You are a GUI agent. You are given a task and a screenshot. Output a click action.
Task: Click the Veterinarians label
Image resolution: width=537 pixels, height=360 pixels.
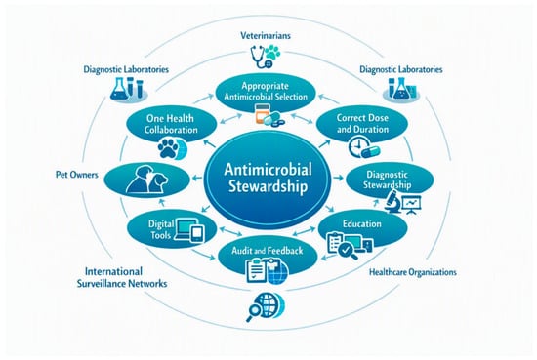click(266, 35)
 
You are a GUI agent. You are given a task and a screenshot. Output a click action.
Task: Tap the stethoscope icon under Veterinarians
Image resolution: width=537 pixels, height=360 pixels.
click(260, 58)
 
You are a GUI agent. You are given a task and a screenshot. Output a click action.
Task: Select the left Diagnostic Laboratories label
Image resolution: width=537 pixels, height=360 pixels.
click(126, 69)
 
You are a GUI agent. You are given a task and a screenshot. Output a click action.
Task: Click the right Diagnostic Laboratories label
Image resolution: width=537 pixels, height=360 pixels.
click(400, 69)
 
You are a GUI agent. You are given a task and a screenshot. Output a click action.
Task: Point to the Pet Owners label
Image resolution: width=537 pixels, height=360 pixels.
click(77, 175)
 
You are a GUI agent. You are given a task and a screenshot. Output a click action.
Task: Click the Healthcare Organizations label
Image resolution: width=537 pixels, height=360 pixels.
click(413, 272)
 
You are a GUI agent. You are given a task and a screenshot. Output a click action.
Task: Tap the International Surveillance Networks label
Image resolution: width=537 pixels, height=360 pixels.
click(122, 277)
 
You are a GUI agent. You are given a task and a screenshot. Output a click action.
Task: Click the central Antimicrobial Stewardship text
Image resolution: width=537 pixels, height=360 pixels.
click(268, 179)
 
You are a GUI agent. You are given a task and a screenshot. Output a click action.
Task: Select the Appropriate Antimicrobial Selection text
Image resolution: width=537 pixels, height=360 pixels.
click(266, 91)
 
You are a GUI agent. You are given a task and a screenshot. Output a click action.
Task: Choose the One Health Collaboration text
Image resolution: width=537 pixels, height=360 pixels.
click(171, 124)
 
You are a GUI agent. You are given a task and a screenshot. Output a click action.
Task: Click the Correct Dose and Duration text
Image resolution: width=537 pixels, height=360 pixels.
click(362, 123)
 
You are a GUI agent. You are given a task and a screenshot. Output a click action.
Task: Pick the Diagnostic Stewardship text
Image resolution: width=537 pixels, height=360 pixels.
click(387, 180)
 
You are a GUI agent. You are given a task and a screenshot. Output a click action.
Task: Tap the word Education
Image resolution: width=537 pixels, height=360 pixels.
click(362, 223)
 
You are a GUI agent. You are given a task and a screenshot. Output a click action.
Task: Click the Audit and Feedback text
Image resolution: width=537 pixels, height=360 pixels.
click(268, 251)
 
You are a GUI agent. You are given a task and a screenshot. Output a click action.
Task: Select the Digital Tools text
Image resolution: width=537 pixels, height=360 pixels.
click(161, 229)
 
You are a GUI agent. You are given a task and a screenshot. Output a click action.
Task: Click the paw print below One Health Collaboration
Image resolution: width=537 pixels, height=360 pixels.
click(168, 148)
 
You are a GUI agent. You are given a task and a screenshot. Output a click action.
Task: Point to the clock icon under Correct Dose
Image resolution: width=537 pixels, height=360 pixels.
click(357, 146)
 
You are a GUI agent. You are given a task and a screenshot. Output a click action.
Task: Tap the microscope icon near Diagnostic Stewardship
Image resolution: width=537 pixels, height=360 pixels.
click(392, 202)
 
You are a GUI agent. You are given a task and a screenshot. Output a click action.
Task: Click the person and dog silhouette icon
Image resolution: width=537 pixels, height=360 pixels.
click(146, 180)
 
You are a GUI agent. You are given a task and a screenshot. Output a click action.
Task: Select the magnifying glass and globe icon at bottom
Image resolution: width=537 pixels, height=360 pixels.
click(266, 306)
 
